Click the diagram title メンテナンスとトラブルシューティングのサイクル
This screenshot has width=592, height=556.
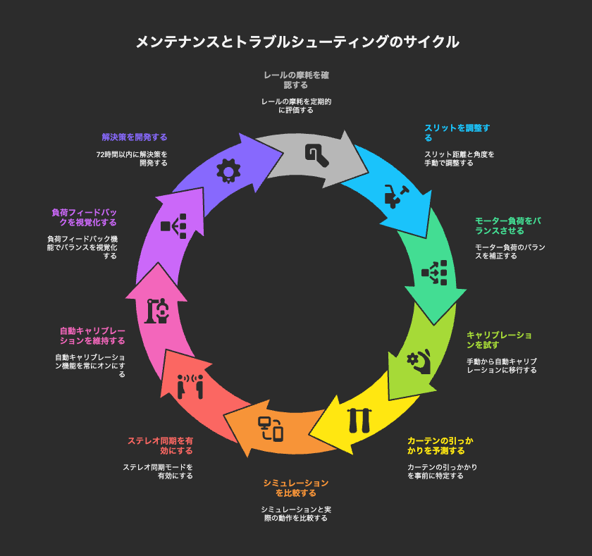[x=297, y=42]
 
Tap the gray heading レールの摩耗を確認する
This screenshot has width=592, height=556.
[x=296, y=80]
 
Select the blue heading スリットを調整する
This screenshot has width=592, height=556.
[x=457, y=133]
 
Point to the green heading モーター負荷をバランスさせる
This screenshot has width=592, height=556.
[x=508, y=226]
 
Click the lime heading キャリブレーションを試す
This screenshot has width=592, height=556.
[x=499, y=340]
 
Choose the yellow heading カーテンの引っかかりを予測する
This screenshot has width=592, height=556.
[x=440, y=446]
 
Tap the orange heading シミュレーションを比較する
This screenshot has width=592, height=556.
[x=295, y=488]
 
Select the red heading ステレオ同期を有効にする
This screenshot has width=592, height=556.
[x=160, y=446]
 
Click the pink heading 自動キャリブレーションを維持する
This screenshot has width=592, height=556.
[x=92, y=336]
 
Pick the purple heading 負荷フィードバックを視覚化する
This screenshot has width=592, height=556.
[x=84, y=218]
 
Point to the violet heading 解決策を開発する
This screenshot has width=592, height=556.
[x=135, y=137]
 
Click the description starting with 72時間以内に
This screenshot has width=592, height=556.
[x=132, y=159]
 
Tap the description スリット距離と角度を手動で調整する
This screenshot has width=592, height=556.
[x=459, y=159]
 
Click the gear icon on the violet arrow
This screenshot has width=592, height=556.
[x=228, y=171]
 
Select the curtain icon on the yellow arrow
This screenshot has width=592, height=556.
[x=359, y=421]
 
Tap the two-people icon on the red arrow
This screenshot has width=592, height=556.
[x=190, y=386]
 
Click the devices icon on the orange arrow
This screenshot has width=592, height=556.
[x=271, y=428]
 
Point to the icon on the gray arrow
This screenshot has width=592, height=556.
[x=317, y=155]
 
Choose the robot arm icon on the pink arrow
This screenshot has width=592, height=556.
[x=156, y=311]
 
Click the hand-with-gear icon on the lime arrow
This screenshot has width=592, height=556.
[x=419, y=362]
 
